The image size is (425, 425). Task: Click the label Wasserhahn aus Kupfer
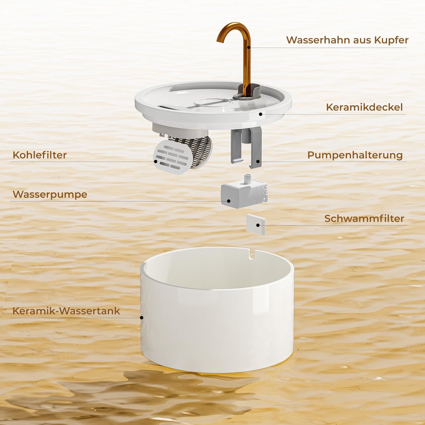click(x=347, y=40)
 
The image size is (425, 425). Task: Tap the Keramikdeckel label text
click(x=364, y=107)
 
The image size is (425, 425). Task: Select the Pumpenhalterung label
click(x=355, y=155)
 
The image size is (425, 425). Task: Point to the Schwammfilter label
click(x=364, y=218)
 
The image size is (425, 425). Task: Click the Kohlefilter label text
click(x=40, y=155)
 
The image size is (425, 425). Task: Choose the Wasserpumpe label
click(x=50, y=195)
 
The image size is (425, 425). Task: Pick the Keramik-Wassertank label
click(x=66, y=311)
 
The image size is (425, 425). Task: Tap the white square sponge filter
click(x=256, y=224)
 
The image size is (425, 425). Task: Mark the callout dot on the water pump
click(x=229, y=201)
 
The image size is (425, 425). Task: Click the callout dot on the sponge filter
click(x=258, y=225)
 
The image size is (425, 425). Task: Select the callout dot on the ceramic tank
click(x=142, y=318)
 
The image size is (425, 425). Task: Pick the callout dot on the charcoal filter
click(x=156, y=161)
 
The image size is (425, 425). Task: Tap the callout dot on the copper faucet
click(x=249, y=48)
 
